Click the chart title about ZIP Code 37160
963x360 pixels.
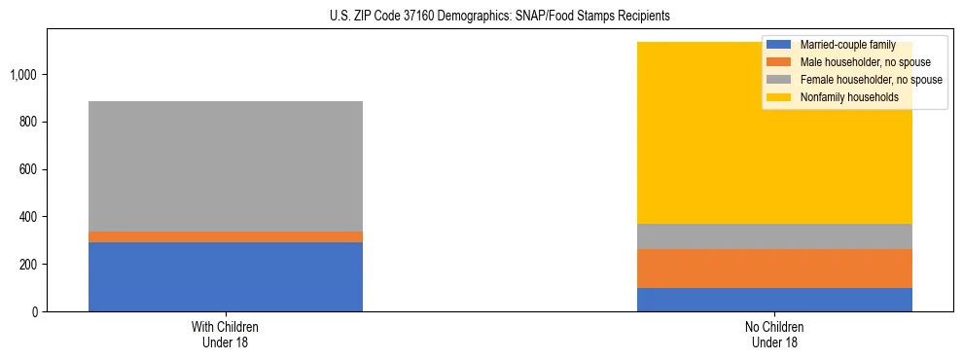[x=481, y=17]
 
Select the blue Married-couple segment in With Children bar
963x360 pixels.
[x=225, y=276]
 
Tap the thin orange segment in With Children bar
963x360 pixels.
[x=225, y=236]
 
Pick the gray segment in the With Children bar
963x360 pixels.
[x=225, y=165]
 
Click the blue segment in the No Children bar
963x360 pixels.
[x=774, y=300]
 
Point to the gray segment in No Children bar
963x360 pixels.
[x=774, y=236]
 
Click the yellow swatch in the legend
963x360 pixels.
[x=779, y=97]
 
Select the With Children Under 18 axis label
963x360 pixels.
[x=225, y=335]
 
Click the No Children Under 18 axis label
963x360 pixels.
[x=774, y=335]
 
